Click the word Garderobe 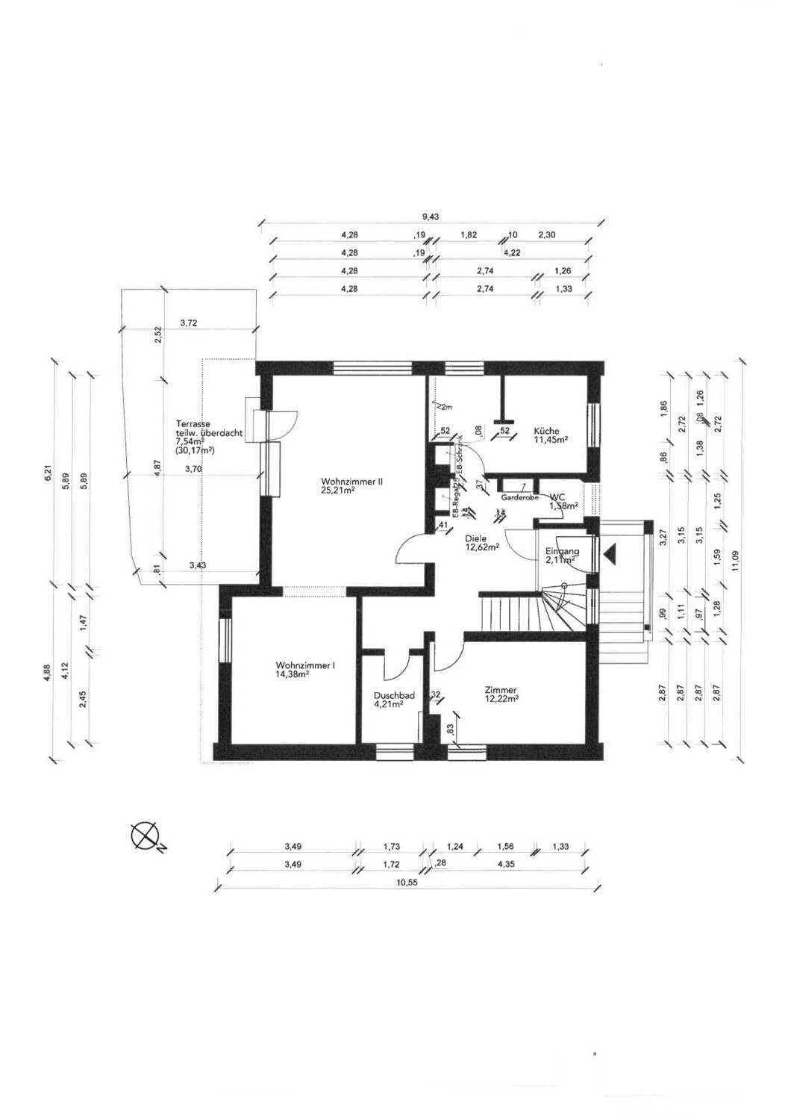tap(520, 497)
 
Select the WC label tap(558, 497)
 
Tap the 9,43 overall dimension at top tap(431, 217)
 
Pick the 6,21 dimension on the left tap(46, 473)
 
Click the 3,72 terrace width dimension tap(190, 323)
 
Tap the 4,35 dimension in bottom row tap(506, 865)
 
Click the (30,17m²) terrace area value tap(196, 451)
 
